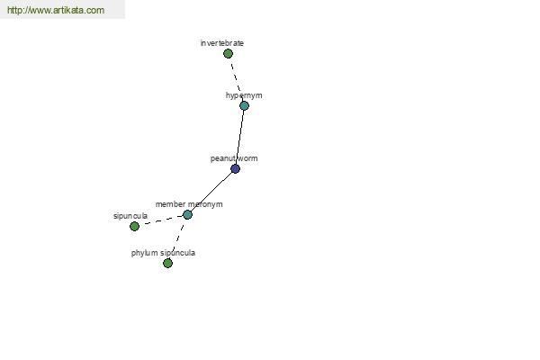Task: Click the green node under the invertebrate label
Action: click(228, 53)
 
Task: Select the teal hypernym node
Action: click(244, 106)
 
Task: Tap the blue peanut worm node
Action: click(235, 169)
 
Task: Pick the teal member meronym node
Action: click(187, 214)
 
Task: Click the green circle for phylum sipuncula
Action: click(167, 263)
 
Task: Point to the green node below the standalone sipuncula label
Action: click(134, 226)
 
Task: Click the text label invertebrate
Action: click(222, 43)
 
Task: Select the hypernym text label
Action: click(244, 95)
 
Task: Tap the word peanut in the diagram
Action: click(221, 158)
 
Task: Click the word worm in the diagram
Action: click(247, 158)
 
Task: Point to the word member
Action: click(170, 204)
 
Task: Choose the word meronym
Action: click(205, 204)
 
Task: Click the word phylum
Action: click(144, 253)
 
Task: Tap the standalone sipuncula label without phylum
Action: click(130, 216)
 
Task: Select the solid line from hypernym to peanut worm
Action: click(239, 137)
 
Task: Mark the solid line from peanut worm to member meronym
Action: click(211, 192)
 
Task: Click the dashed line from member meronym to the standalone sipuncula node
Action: click(161, 220)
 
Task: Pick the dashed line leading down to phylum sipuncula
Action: click(177, 238)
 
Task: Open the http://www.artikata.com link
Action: click(56, 10)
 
